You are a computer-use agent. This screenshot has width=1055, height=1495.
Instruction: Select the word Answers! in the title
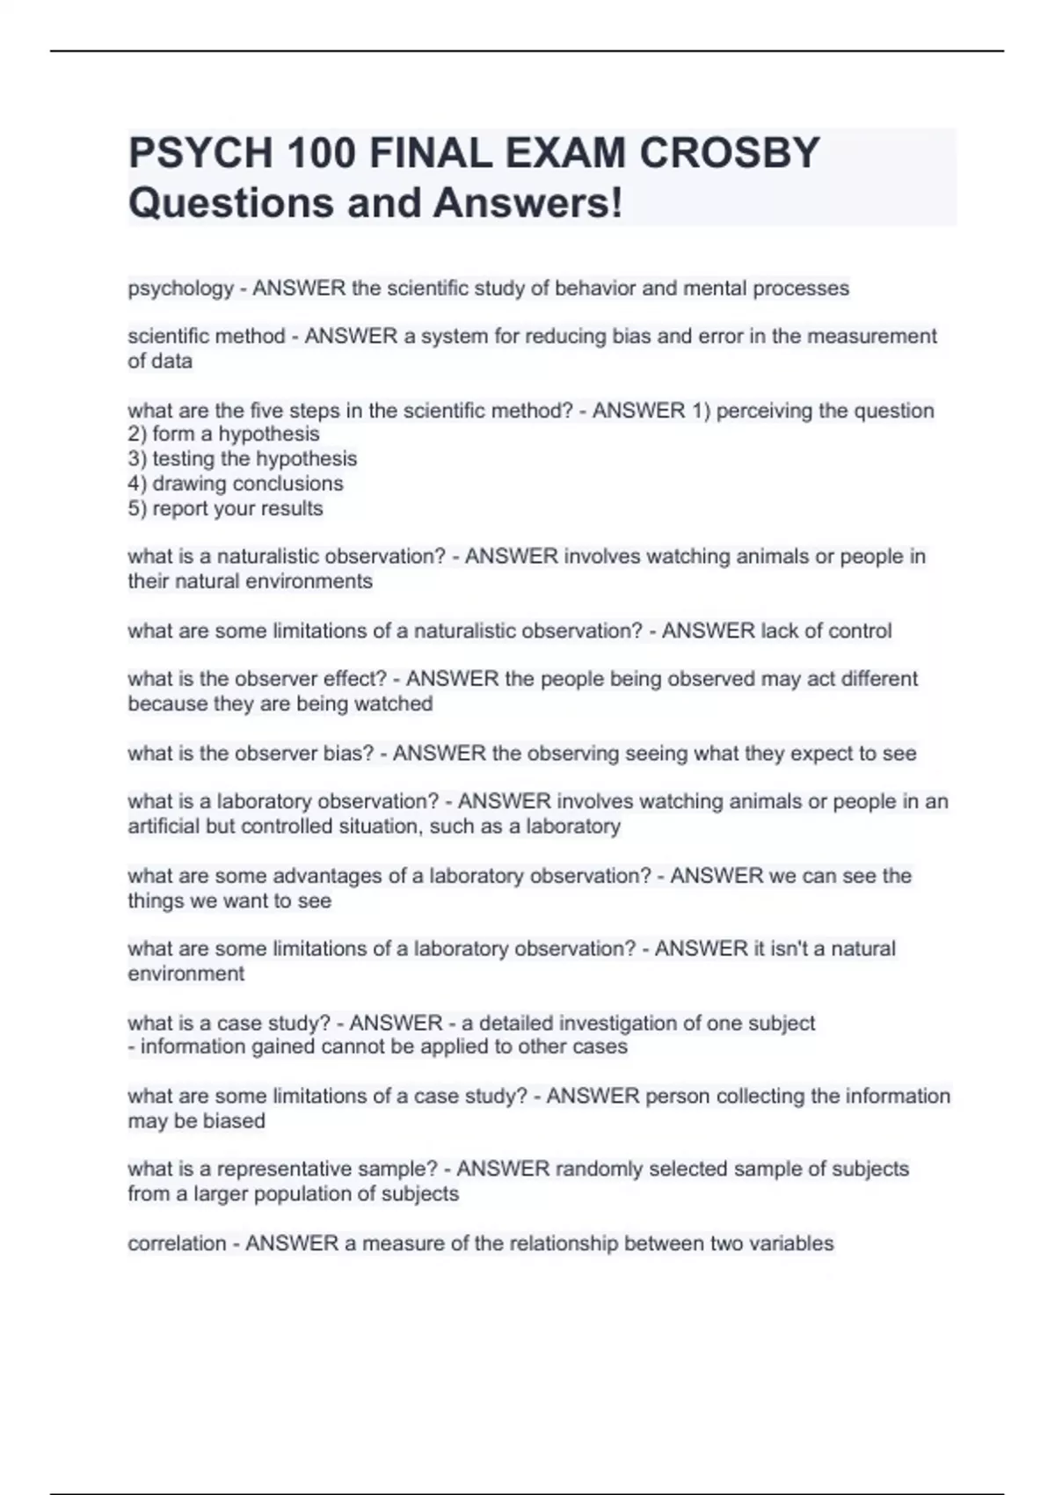[527, 203]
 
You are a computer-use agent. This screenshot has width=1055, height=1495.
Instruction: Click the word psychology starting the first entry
[180, 288]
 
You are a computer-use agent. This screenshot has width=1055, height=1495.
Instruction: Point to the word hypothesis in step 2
[269, 434]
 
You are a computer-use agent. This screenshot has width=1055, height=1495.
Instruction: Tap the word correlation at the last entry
[177, 1243]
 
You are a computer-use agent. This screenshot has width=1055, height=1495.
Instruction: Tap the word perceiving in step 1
[763, 411]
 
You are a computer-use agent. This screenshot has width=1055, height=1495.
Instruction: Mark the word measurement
[872, 337]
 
